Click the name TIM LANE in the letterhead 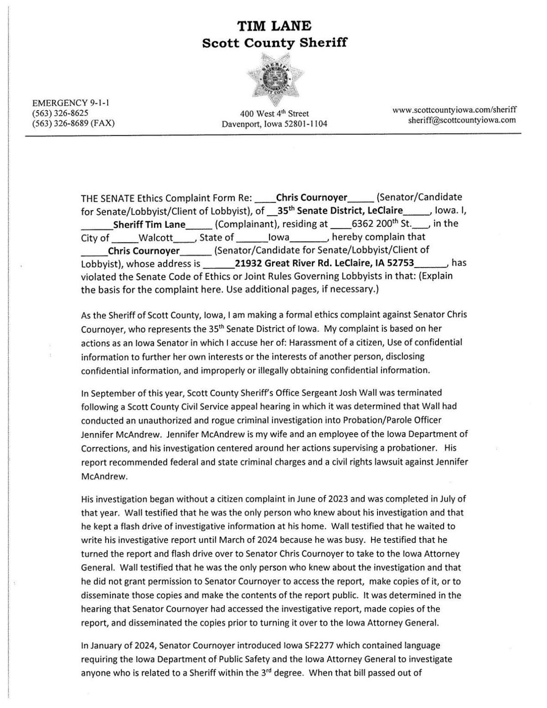[x=274, y=26]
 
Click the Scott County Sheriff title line [x=274, y=43]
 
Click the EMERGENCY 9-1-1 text [x=70, y=103]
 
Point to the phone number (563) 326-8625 [x=60, y=113]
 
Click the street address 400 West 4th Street [x=274, y=113]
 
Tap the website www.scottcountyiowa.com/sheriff [x=454, y=110]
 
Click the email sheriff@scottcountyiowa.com [x=462, y=120]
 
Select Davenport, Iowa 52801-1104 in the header [x=274, y=124]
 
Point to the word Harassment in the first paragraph [x=296, y=342]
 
